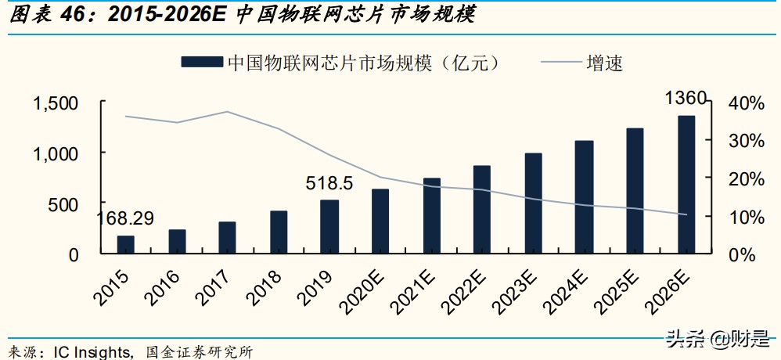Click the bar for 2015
click(x=125, y=245)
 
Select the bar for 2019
click(x=329, y=227)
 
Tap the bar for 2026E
click(x=686, y=185)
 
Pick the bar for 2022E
click(x=482, y=210)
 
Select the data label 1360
click(x=686, y=99)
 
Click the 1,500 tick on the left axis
click(x=56, y=104)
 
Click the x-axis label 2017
click(x=216, y=287)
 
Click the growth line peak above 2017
click(x=227, y=112)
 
